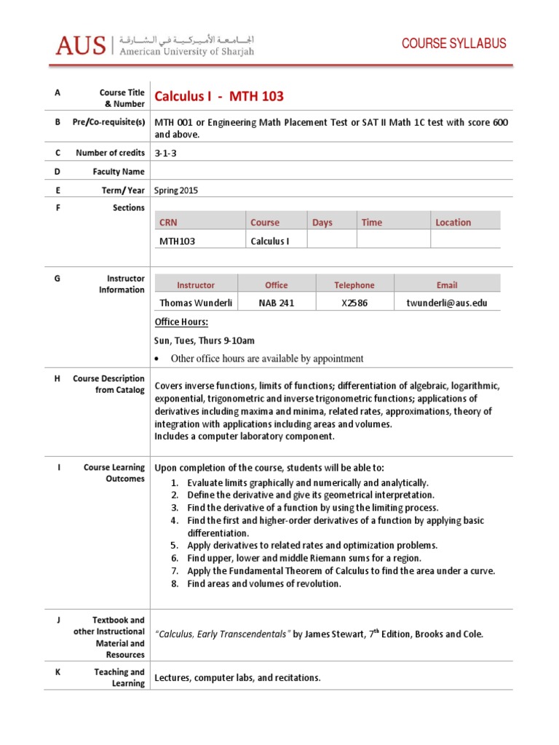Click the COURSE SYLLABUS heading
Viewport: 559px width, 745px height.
(454, 44)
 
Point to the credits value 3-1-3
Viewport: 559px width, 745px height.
(166, 154)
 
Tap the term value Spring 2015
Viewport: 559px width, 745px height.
(176, 191)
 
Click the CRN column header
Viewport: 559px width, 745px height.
(169, 223)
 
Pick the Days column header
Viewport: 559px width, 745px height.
(322, 223)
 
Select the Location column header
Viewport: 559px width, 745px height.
(453, 223)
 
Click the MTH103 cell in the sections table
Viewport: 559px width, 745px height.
(178, 241)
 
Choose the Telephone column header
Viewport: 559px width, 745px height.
(354, 285)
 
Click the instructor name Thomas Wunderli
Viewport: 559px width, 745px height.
(196, 303)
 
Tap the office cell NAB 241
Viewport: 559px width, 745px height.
(276, 303)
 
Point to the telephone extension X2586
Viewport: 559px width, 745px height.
(354, 303)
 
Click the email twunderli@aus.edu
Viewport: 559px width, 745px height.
(447, 303)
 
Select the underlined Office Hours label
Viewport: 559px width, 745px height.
(181, 322)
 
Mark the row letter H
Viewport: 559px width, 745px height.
(58, 379)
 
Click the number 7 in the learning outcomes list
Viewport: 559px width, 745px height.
(175, 571)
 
